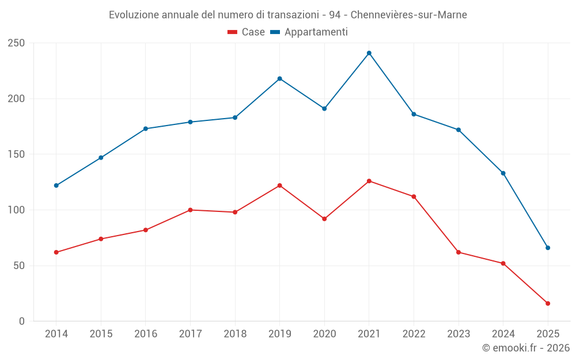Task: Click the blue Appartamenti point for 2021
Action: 369,53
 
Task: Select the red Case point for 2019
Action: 280,185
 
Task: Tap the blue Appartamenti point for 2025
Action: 548,248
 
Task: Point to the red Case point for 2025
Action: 548,304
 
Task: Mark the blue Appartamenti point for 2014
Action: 56,185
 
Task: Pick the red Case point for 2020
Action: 324,219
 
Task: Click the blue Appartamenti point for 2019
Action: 280,78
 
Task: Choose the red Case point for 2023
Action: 458,252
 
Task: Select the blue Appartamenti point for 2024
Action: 503,173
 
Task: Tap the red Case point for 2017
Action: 190,210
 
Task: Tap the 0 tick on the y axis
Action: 21,321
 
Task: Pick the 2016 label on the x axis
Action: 145,334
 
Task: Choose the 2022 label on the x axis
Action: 414,334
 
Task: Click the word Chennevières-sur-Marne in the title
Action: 408,14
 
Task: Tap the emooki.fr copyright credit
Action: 526,348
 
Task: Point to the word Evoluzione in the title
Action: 131,14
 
